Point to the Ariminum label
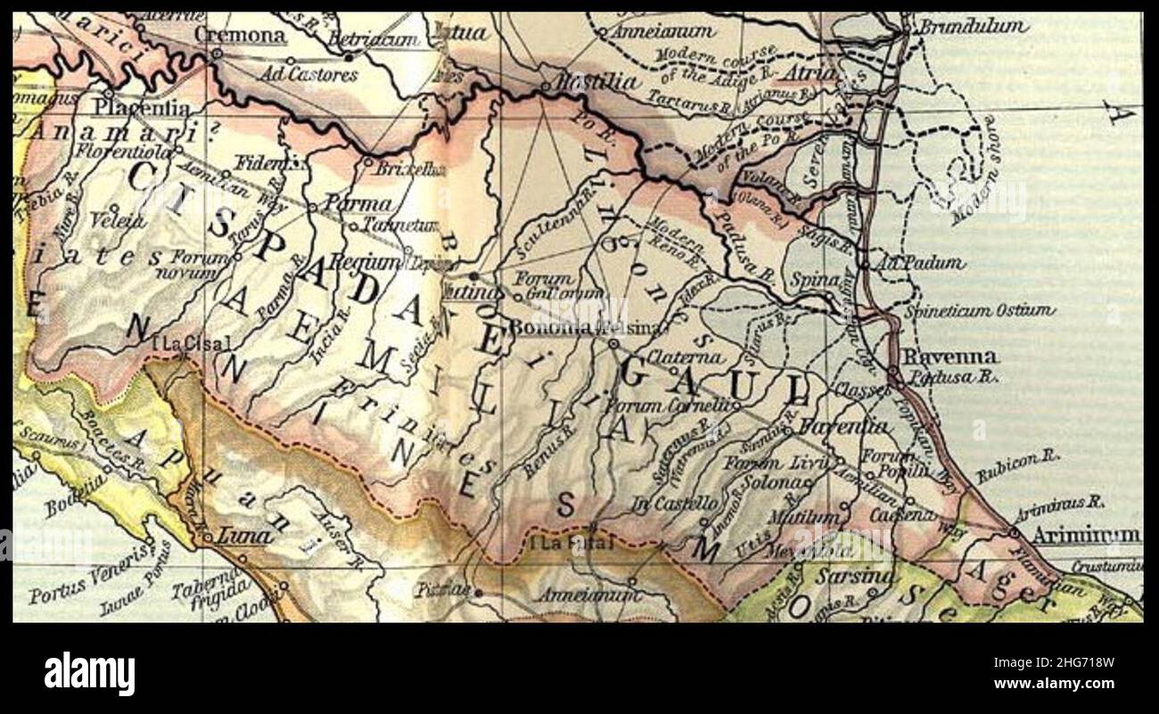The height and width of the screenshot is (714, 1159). [1086, 536]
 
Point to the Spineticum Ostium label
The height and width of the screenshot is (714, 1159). [979, 311]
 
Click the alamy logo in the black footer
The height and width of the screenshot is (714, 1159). [89, 673]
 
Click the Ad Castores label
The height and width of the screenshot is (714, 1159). [308, 74]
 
